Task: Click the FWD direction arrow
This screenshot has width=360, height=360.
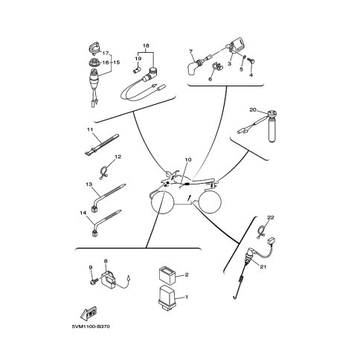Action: [89, 314]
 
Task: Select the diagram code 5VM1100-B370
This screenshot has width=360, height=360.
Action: [91, 327]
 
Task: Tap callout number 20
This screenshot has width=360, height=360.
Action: [253, 109]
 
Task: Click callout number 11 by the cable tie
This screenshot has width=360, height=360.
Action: [90, 129]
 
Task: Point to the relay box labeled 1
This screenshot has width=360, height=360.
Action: [167, 298]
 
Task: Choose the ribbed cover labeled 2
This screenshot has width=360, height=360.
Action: [167, 274]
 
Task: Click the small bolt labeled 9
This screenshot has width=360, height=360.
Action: [94, 281]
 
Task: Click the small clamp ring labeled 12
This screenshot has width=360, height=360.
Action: [103, 173]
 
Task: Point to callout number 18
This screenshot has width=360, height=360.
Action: [146, 45]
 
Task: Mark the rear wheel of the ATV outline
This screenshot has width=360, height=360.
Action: [210, 202]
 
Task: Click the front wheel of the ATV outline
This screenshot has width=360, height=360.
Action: [162, 202]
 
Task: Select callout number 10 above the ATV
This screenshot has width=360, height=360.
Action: [188, 160]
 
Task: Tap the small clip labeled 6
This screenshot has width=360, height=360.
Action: [216, 67]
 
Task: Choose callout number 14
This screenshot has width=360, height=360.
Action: [83, 213]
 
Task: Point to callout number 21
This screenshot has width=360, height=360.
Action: [263, 267]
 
